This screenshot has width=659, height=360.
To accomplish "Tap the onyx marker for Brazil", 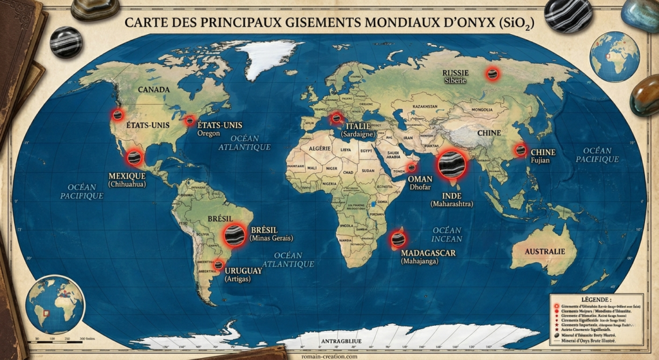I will [x=234, y=235].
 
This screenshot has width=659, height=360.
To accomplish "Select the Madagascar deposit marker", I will [x=398, y=239].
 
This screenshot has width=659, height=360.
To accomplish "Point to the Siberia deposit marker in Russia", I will [x=493, y=74].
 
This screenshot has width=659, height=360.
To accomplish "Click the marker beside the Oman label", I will [x=411, y=168].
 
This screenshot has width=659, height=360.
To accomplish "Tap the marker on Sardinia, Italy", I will [x=335, y=118].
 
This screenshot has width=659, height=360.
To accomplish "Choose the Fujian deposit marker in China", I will [x=519, y=150].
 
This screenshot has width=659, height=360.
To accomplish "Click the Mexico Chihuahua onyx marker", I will [x=135, y=156].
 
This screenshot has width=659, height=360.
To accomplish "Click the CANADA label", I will [x=154, y=90].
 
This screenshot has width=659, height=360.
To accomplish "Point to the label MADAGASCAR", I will [x=428, y=253].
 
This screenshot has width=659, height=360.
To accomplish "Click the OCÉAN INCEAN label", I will [x=447, y=234].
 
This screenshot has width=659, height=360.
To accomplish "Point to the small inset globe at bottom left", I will [x=57, y=304].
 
